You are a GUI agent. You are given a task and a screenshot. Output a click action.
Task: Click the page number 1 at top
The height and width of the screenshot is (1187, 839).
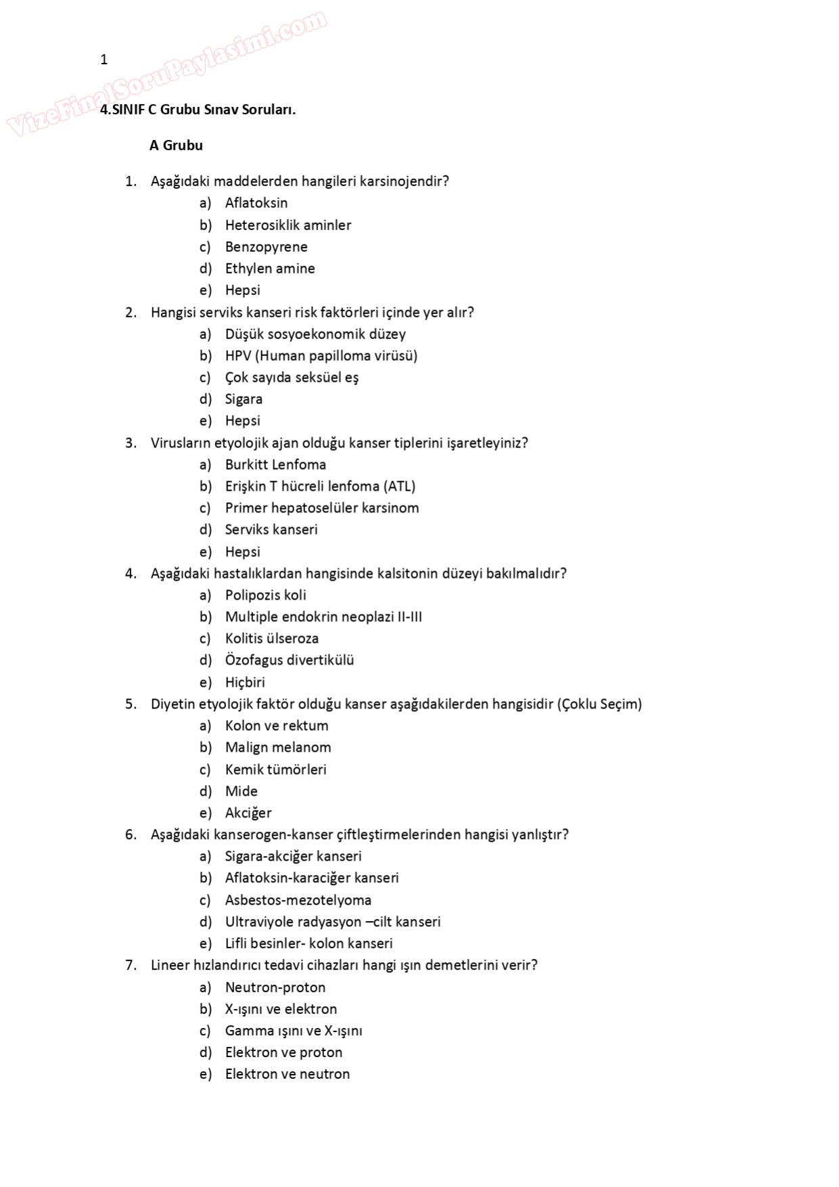coord(104,60)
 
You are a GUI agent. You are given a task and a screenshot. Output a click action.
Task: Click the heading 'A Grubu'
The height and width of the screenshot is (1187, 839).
coord(176,145)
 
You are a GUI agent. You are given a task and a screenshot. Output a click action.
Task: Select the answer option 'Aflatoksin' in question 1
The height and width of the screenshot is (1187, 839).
coord(256,203)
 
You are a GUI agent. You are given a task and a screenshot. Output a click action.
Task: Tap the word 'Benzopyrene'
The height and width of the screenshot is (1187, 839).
coord(266,247)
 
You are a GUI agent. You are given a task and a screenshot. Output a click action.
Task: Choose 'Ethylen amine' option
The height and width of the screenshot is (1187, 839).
coord(269,269)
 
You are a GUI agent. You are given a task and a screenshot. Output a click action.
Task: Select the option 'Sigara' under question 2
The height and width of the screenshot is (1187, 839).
coord(244,399)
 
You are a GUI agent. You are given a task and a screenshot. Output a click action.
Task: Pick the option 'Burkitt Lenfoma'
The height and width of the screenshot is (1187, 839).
coord(275,465)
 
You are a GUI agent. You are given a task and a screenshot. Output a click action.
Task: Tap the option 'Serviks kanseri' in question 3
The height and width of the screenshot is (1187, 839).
coord(271,530)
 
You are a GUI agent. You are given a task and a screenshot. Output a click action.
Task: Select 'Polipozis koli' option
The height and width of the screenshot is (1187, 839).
coord(265,596)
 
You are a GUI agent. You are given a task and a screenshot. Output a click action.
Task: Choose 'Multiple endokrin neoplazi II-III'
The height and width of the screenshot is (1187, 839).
coord(323,617)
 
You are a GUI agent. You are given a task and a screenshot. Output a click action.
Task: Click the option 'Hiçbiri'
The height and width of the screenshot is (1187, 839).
coord(245,682)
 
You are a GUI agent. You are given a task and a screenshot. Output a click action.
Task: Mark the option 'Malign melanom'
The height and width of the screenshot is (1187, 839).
coord(278,748)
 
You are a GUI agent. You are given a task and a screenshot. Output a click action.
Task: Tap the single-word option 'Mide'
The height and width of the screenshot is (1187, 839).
coord(241,791)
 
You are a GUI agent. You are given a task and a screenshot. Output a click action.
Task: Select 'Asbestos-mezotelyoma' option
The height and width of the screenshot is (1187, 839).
coord(298,900)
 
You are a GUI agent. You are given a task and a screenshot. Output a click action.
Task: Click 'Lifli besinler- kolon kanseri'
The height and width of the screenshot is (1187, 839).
coord(309,943)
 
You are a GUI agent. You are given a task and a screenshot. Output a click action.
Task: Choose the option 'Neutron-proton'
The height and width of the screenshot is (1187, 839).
coord(275,987)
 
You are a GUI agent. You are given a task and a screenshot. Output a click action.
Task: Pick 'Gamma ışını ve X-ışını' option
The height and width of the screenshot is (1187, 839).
coord(294,1031)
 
